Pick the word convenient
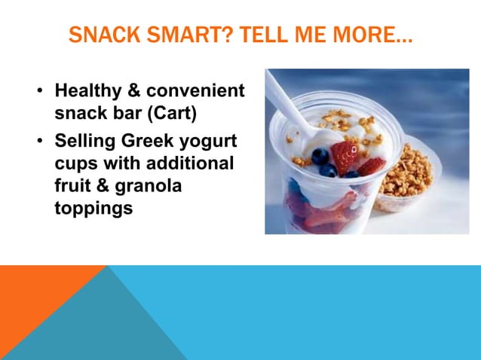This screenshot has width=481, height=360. [x=196, y=91]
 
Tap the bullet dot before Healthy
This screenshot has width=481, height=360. [x=38, y=93]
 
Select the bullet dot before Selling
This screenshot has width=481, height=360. [x=38, y=144]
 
